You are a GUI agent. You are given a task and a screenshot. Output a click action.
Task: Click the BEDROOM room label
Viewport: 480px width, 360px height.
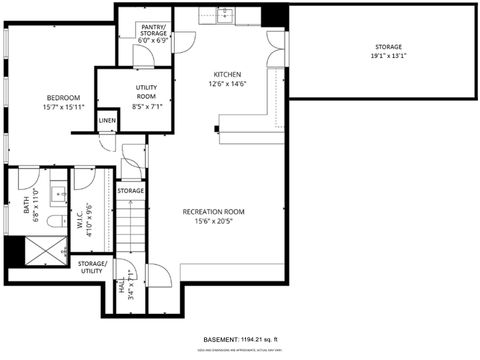62,97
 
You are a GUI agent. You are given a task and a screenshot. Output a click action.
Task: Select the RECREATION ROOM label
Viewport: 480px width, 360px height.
213,212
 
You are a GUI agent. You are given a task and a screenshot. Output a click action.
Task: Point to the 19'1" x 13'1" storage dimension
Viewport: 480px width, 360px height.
388,56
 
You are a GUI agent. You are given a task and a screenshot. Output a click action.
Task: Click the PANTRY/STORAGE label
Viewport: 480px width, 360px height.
154,31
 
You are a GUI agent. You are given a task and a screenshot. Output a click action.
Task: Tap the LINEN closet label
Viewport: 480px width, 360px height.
107,121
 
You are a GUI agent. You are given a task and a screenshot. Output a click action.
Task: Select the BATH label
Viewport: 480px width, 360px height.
26,205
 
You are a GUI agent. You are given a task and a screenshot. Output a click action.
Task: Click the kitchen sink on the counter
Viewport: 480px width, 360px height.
213,14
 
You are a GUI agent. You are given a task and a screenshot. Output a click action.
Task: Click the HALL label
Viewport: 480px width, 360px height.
122,290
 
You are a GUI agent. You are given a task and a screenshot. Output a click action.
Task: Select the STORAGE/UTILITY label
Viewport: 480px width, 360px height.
92,266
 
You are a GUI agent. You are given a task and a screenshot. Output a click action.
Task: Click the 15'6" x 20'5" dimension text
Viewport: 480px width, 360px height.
213,222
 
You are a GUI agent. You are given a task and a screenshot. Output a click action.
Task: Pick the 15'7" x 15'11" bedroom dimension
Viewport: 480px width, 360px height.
62,107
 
